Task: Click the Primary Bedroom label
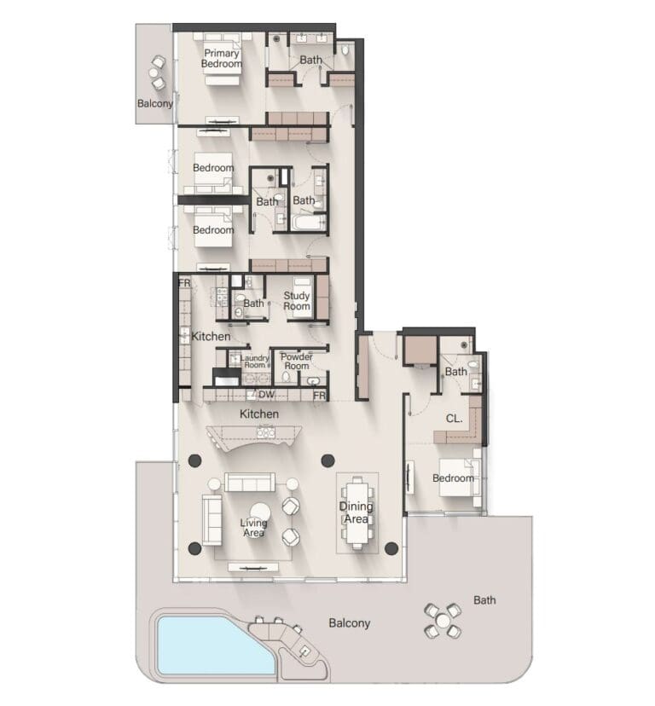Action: tap(221, 59)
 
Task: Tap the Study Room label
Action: tap(297, 301)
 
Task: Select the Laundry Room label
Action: tap(254, 362)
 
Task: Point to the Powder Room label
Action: tap(297, 362)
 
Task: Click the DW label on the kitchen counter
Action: tap(266, 395)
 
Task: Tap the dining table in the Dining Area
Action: tap(357, 512)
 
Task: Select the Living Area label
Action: tap(253, 528)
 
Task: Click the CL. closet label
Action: tap(454, 419)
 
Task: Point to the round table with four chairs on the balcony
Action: tap(443, 621)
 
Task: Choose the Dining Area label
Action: tap(356, 512)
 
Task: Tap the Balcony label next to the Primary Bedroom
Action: tap(155, 103)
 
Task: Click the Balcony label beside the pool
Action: tap(349, 623)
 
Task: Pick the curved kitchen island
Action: tap(253, 438)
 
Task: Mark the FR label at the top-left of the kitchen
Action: tap(185, 283)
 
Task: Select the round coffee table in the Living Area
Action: tap(260, 512)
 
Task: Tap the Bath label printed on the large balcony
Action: tap(484, 600)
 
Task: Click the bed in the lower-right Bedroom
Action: tap(460, 477)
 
